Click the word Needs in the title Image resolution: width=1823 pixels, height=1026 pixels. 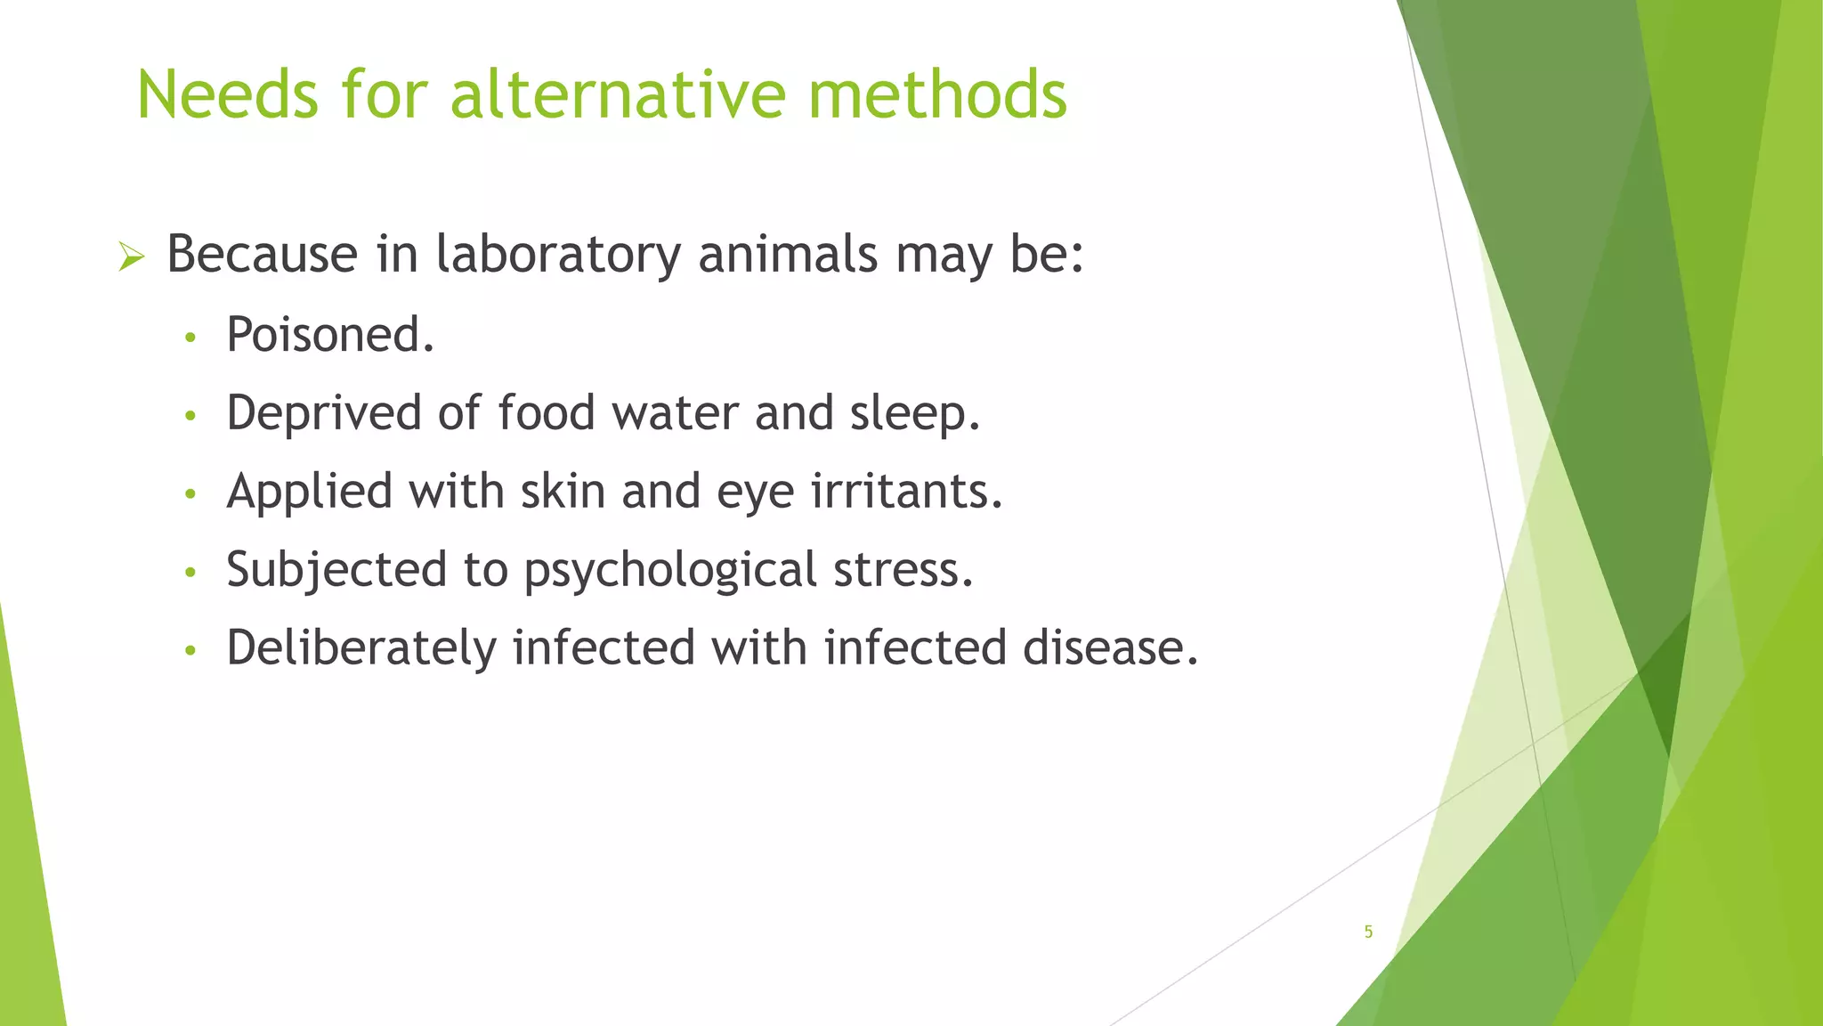[227, 94]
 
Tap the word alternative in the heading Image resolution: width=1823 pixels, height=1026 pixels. [619, 94]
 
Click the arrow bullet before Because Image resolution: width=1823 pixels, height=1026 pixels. [131, 258]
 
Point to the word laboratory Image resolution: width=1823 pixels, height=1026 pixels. [558, 254]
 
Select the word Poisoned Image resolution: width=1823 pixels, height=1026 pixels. [330, 335]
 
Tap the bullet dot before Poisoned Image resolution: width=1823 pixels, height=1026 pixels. [189, 338]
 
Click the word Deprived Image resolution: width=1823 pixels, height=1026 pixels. [323, 413]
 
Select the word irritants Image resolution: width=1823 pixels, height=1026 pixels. [906, 491]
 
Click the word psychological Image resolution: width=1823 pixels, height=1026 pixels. [670, 571]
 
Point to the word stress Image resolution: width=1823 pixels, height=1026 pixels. [903, 570]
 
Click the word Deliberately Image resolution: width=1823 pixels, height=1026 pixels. [361, 647]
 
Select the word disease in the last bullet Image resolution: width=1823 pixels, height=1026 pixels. [1109, 647]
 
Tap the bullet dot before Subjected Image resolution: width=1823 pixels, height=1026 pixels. [189, 573]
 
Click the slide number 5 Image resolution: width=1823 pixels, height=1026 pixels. [1368, 932]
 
